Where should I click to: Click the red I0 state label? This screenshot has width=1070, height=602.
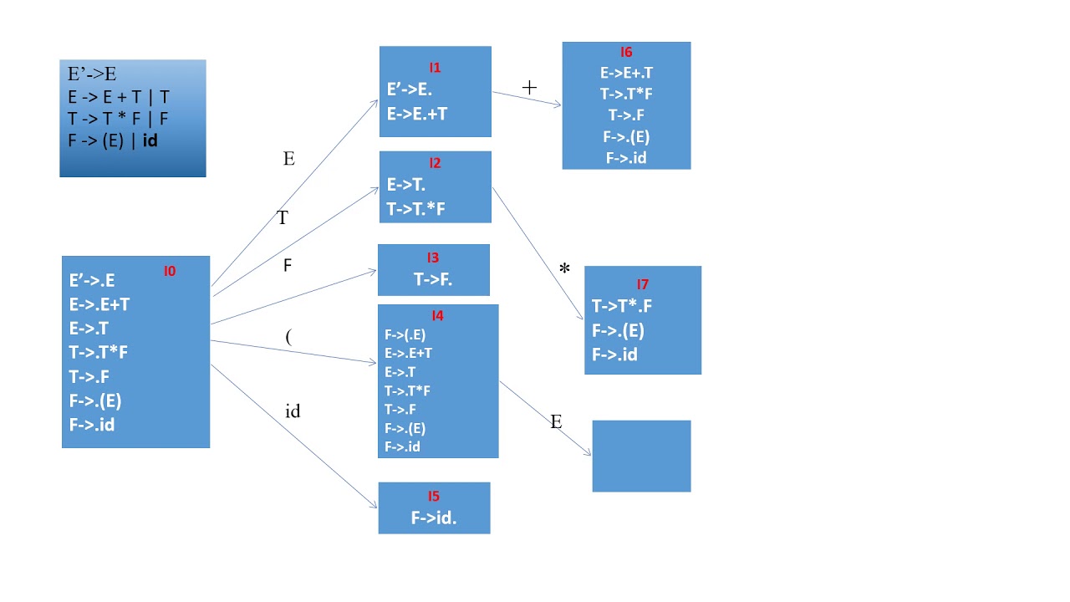(x=170, y=271)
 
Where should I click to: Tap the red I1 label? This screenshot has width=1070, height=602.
(x=435, y=67)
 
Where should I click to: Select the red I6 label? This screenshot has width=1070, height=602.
(x=626, y=53)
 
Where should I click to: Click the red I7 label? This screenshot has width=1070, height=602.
(x=642, y=284)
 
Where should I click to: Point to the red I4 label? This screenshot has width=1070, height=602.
(x=437, y=316)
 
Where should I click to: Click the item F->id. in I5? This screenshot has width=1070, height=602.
(x=434, y=518)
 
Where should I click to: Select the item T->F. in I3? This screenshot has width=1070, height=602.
(x=433, y=280)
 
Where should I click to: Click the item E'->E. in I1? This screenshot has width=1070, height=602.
(x=410, y=89)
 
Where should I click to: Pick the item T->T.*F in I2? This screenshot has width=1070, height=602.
(x=415, y=208)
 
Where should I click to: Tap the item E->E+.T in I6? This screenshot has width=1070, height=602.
(x=626, y=74)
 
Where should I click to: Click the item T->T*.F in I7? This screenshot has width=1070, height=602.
(x=622, y=306)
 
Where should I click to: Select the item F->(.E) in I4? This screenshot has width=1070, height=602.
(x=405, y=334)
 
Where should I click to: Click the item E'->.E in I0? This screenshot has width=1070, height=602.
(x=92, y=281)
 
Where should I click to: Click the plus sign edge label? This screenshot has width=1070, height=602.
(x=529, y=87)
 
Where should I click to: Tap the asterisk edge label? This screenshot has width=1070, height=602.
(x=564, y=269)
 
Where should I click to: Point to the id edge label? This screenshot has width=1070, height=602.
(x=293, y=411)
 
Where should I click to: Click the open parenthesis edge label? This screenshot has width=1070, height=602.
(x=288, y=337)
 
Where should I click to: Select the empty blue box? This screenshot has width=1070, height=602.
(x=641, y=456)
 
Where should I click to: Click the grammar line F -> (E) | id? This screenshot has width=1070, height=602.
(x=113, y=140)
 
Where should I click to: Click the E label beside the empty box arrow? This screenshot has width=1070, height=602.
(x=556, y=422)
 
